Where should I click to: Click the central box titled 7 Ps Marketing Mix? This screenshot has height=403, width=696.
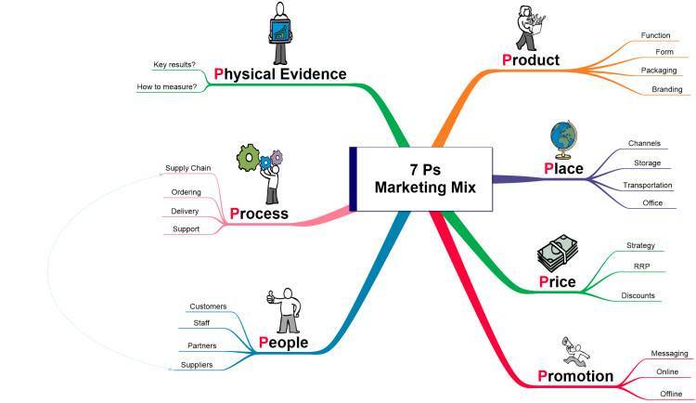pos(420,178)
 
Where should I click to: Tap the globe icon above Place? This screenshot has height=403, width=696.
pos(563,139)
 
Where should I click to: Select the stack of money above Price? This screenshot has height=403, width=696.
pos(558,253)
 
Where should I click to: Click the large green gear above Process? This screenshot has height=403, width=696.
pos(248,158)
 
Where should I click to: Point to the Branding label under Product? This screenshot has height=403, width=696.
pos(666,89)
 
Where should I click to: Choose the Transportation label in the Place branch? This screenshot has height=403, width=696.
pos(648,186)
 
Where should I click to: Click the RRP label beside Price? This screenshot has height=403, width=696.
pos(641,266)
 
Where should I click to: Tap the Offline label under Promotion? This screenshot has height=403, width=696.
pos(671,394)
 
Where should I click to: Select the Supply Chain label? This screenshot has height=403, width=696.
pos(187,168)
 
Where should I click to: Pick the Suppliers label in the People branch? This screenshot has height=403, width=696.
pos(197,365)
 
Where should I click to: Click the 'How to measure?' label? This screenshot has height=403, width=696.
pos(166,86)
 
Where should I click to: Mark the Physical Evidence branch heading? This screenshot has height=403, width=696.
pos(280,73)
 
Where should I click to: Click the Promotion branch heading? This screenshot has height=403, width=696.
pos(575,376)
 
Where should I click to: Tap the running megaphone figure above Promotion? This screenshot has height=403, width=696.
pos(575,351)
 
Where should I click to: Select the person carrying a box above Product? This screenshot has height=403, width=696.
pos(531,29)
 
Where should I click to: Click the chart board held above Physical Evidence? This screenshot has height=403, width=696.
pos(279,31)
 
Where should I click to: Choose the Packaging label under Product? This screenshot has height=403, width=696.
pos(659,71)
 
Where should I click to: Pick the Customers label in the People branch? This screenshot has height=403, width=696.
pos(208,306)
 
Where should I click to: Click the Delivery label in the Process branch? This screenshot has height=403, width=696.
pos(185,211)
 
